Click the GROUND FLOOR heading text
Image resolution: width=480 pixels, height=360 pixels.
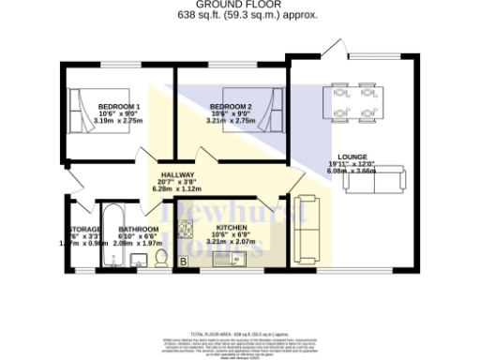[x=239, y=6]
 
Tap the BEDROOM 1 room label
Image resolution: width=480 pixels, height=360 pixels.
[x=119, y=106]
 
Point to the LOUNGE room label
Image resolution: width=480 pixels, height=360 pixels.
[x=353, y=157]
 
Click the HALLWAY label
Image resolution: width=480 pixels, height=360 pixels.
[x=177, y=175]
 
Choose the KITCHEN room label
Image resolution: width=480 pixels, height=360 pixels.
[x=231, y=228]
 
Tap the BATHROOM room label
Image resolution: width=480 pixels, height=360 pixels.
[x=139, y=228]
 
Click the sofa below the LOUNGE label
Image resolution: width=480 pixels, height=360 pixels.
[x=375, y=178]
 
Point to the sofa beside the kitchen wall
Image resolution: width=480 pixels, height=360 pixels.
[x=306, y=228]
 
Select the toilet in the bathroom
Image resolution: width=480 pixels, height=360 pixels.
[x=160, y=257]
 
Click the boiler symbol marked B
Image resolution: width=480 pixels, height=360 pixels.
[x=183, y=262]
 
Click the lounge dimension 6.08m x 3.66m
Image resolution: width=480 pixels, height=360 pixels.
[x=353, y=172]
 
